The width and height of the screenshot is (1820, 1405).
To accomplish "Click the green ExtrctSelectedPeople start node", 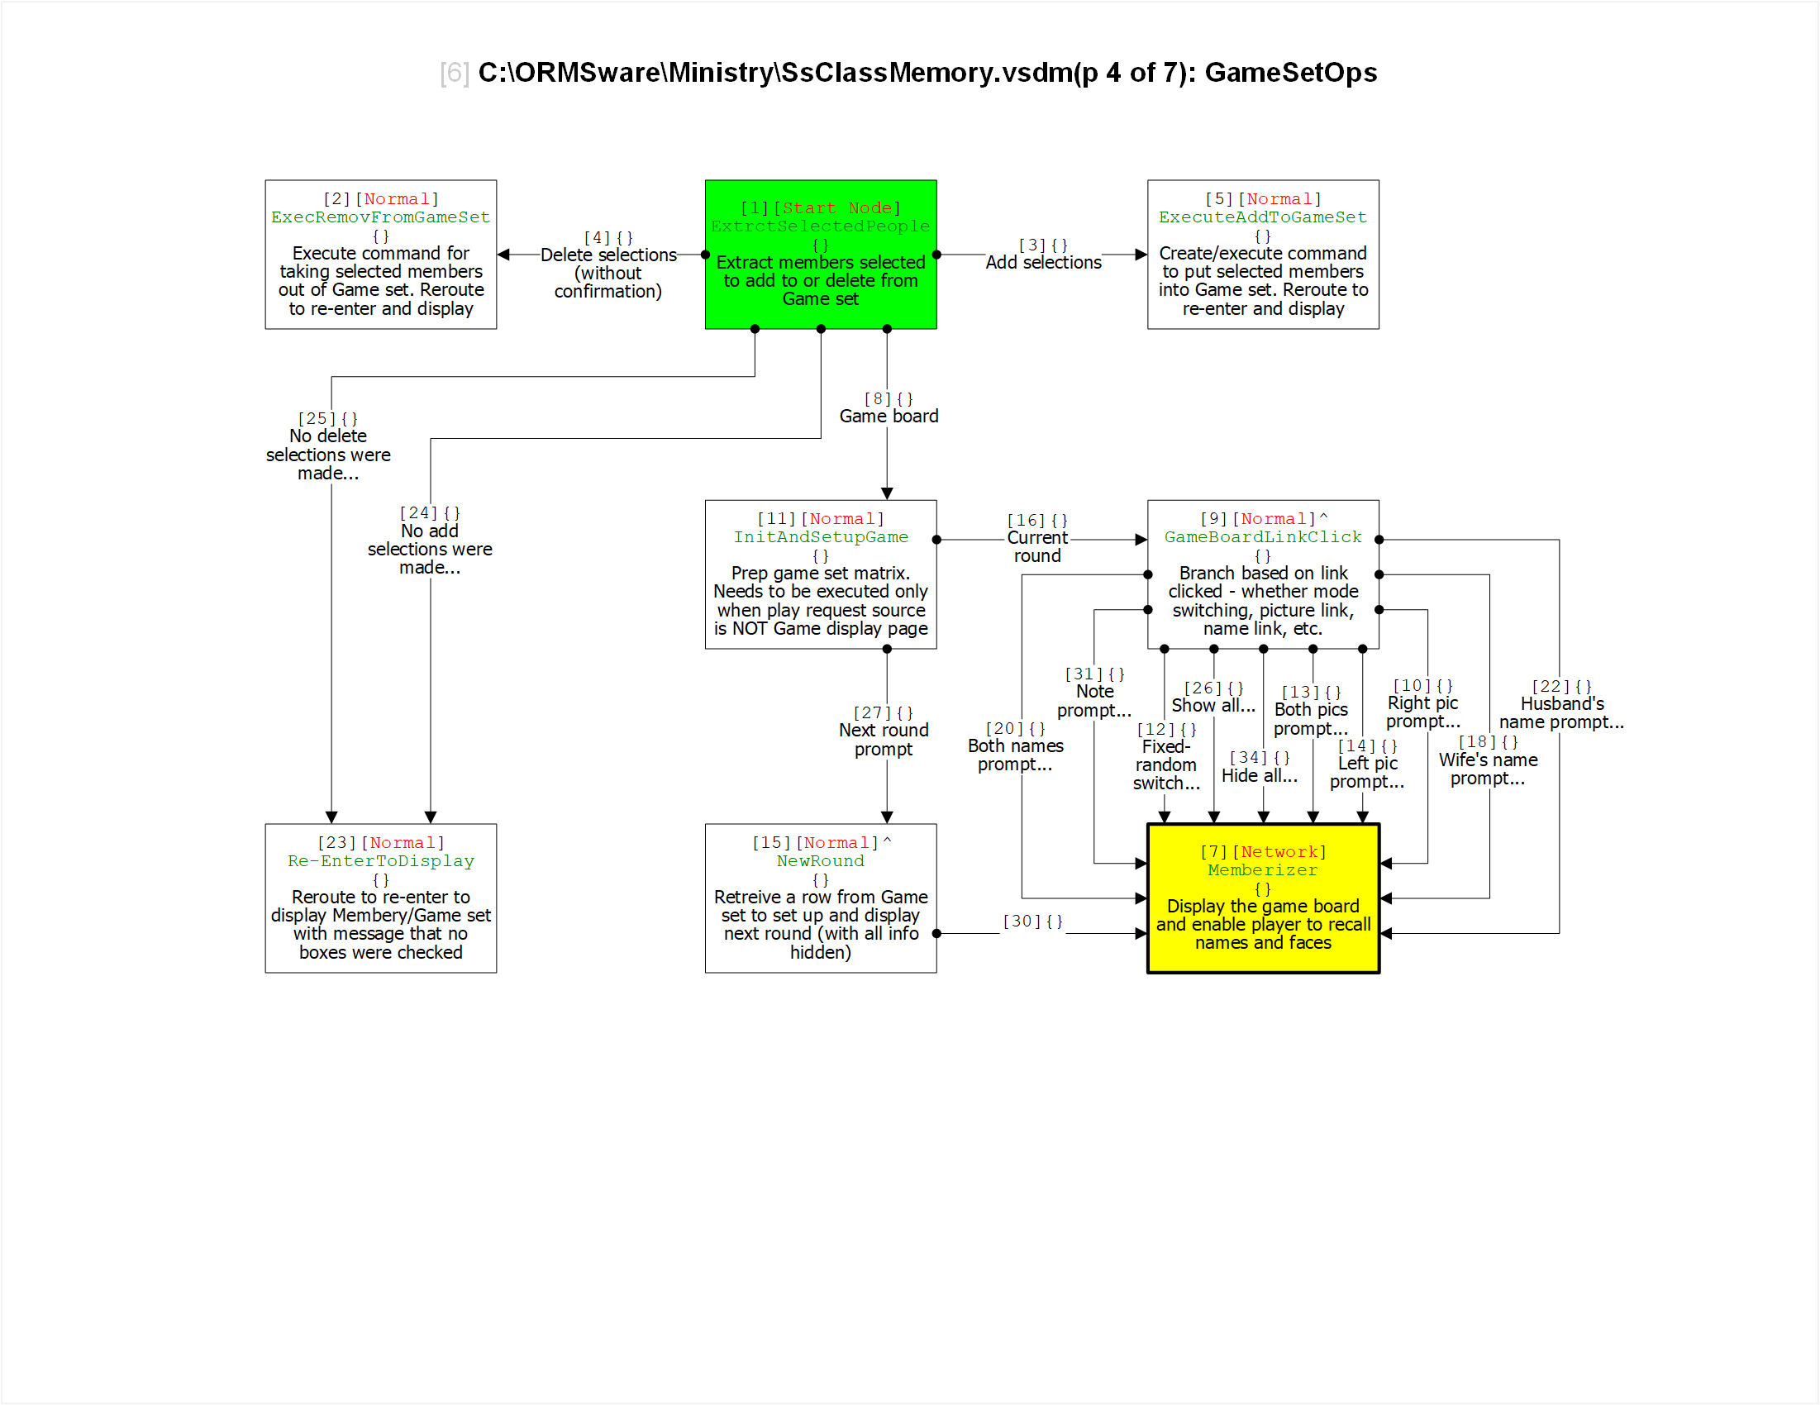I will point(820,255).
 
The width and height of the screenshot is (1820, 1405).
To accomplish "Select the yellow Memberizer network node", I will point(1262,898).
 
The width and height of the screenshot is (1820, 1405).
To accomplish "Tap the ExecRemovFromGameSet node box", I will point(381,255).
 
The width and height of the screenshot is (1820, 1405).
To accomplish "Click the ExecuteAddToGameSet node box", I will point(1262,255).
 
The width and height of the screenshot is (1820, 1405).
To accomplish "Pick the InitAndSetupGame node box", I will point(820,574).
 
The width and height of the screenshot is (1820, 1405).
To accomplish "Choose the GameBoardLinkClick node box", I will point(1262,574).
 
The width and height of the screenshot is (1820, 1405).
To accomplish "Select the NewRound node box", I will point(820,898).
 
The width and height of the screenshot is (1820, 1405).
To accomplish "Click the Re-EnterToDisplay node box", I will point(381,898).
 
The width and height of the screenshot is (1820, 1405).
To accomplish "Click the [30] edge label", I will point(1032,921).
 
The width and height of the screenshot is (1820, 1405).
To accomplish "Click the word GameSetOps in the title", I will point(1291,73).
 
